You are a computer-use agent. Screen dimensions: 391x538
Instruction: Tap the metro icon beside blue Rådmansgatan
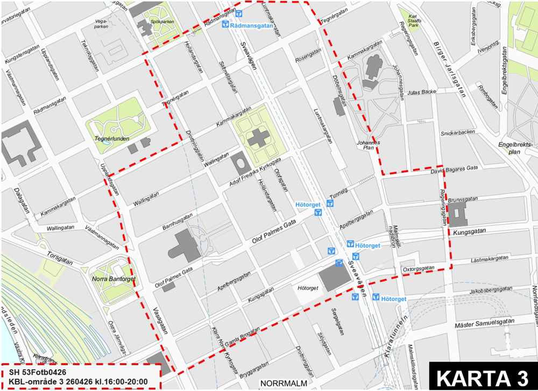225,25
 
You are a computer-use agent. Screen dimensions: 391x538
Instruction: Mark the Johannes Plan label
369,145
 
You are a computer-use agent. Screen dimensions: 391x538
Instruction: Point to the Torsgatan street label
59,259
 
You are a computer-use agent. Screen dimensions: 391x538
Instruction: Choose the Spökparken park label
162,22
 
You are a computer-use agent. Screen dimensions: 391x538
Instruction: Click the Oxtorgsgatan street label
418,268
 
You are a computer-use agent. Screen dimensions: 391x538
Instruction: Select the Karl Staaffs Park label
414,20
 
